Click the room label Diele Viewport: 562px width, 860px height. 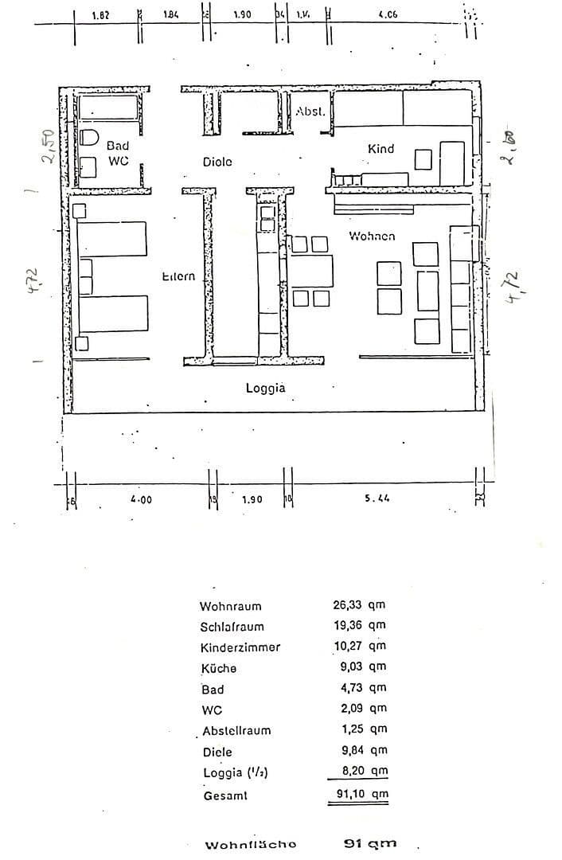coord(217,162)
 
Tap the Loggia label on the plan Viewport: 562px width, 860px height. coord(265,389)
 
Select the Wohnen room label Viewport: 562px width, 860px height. coord(372,236)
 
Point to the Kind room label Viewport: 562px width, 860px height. coord(381,149)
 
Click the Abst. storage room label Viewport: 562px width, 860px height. coord(310,112)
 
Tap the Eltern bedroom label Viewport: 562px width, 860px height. coord(178,276)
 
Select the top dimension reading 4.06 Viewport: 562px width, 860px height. coord(388,14)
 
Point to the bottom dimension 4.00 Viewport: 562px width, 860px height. coord(141,499)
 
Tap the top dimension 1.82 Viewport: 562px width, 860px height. coord(101,14)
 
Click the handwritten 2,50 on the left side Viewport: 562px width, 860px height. coord(49,147)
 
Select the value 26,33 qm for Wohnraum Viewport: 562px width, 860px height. coord(359,605)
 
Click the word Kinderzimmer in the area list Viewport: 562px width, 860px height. coord(240,647)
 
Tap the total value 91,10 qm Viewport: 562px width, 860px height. coord(359,794)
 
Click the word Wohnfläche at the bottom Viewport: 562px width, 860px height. coord(251,845)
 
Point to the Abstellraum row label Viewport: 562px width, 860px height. coord(236,731)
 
